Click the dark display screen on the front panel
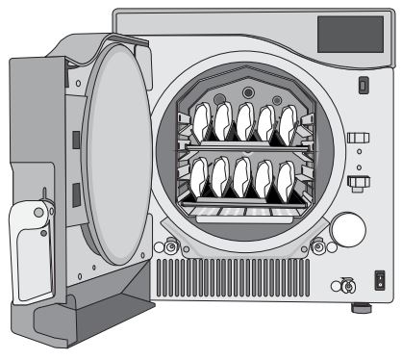point(350,35)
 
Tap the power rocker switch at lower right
point(379,282)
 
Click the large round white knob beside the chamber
point(348,229)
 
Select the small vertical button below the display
point(363,87)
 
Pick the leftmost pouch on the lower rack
point(201,180)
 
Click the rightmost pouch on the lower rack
point(287,180)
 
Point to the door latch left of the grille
point(171,247)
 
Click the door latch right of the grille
point(316,247)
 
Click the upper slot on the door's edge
point(74,141)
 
